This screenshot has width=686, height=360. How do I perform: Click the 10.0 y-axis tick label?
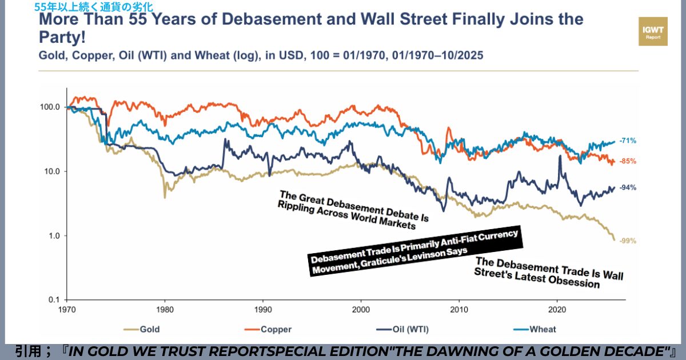51,171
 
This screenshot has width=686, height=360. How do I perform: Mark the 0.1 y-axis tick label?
53,300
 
